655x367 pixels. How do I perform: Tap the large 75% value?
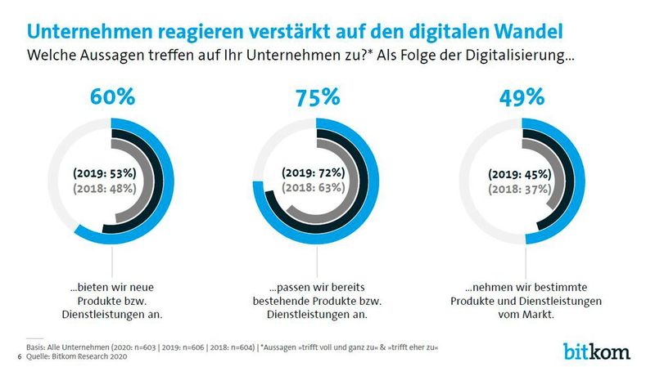click(x=317, y=97)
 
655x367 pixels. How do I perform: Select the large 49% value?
click(x=522, y=97)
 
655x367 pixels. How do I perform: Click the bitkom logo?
click(x=597, y=351)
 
